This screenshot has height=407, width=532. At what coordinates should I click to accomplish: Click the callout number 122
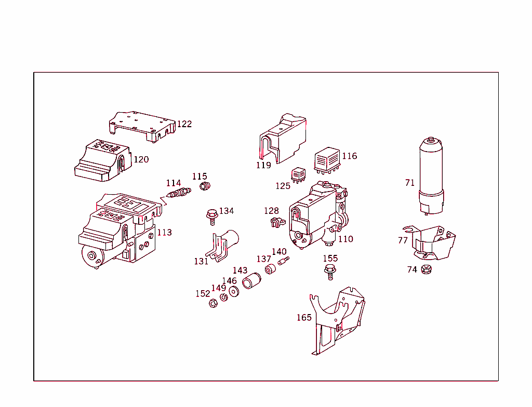[x=184, y=124]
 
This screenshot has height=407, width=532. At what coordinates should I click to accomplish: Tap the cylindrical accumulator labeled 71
[x=431, y=174]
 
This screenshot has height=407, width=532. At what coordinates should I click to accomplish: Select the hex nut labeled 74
[x=426, y=269]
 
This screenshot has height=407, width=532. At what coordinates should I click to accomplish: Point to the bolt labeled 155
[x=329, y=270]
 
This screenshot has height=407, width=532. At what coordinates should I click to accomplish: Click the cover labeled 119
[x=283, y=138]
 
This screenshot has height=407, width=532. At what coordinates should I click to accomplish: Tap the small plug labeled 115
[x=206, y=186]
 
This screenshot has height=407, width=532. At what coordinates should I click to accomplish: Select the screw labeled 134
[x=211, y=216]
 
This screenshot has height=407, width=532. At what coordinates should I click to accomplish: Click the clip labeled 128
[x=276, y=223]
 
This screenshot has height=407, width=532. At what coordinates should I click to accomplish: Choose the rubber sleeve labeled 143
[x=251, y=281]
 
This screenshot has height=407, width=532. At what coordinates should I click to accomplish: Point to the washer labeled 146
[x=234, y=292]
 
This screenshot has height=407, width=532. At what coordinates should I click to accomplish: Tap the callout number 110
[x=345, y=239]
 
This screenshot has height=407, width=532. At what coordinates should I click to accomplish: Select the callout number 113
[x=164, y=233]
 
